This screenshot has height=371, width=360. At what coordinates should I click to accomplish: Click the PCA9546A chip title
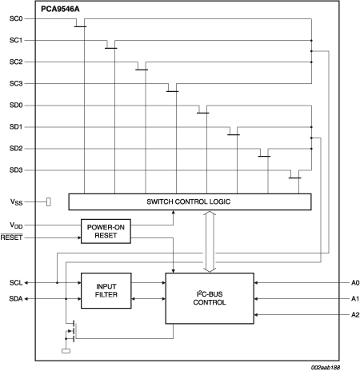pyautogui.click(x=60, y=9)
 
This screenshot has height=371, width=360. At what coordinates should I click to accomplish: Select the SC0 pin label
pyautogui.click(x=16, y=18)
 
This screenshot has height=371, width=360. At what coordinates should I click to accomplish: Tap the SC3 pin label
pyautogui.click(x=16, y=83)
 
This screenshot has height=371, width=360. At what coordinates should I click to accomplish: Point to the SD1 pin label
pyautogui.click(x=16, y=127)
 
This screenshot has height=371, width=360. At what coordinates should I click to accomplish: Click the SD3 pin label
pyautogui.click(x=16, y=170)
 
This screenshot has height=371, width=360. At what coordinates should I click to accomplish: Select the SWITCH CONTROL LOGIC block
pyautogui.click(x=190, y=201)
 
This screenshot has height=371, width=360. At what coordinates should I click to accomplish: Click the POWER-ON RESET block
pyautogui.click(x=106, y=231)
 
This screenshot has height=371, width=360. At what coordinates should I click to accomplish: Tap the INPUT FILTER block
pyautogui.click(x=106, y=290)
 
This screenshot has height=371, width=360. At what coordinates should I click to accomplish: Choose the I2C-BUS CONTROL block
pyautogui.click(x=210, y=298)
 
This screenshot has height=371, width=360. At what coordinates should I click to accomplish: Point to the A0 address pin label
pyautogui.click(x=355, y=283)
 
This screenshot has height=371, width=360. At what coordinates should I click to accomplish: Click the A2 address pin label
pyautogui.click(x=355, y=315)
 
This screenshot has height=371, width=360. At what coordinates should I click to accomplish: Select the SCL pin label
pyautogui.click(x=16, y=283)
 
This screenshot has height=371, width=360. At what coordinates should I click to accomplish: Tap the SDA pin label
pyautogui.click(x=16, y=299)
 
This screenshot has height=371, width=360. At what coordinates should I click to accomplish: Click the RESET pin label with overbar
pyautogui.click(x=11, y=237)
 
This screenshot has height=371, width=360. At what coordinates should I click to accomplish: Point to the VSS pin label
pyautogui.click(x=16, y=202)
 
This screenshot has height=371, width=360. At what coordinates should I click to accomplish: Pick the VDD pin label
pyautogui.click(x=16, y=225)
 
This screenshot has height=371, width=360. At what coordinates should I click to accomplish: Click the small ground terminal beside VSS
pyautogui.click(x=49, y=201)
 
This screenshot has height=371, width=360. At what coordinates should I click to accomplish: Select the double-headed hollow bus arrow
pyautogui.click(x=210, y=241)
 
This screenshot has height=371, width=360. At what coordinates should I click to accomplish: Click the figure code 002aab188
pyautogui.click(x=326, y=368)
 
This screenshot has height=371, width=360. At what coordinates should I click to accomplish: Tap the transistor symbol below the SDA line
pyautogui.click(x=71, y=330)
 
